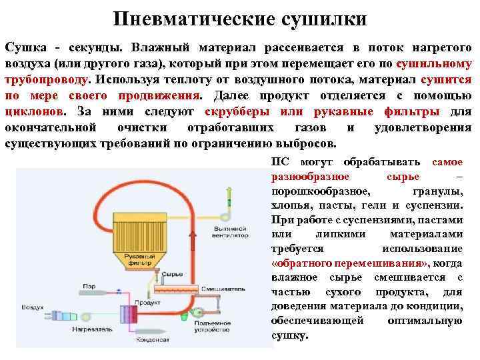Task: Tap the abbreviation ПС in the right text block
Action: click(x=281, y=163)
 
